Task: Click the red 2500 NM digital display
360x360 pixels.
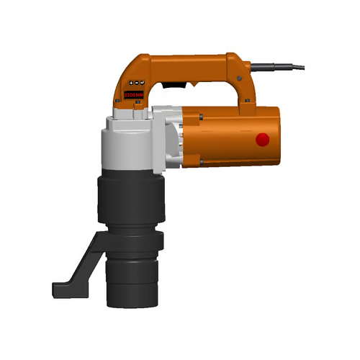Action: click(134, 94)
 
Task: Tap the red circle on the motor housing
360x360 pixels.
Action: click(262, 140)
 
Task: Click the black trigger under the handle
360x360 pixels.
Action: click(170, 85)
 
